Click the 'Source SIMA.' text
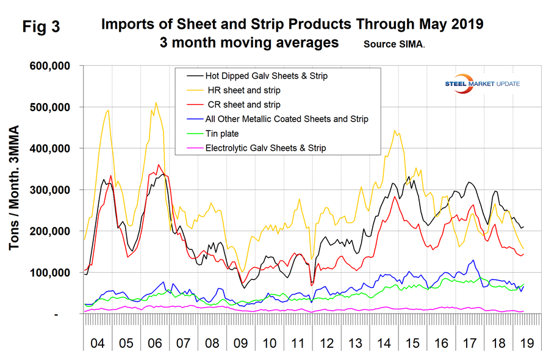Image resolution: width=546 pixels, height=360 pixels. pos(394,45)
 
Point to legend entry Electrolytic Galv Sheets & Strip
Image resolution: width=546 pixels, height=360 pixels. pos(266,148)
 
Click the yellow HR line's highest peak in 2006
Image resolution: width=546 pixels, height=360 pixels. pos(156,103)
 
